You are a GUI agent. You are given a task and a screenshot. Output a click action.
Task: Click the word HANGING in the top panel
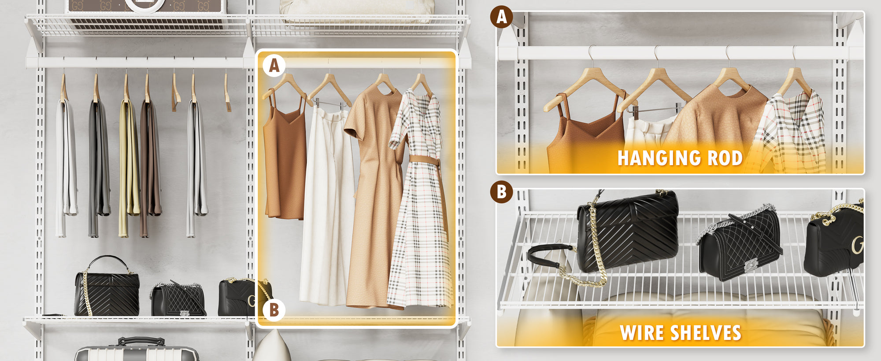pyautogui.click(x=658, y=158)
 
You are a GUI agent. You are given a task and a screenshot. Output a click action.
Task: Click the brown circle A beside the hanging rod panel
pyautogui.click(x=501, y=17)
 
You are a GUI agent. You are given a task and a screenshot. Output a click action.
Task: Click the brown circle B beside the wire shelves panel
pyautogui.click(x=501, y=192)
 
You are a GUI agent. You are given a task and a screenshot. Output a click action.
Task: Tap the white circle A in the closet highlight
pyautogui.click(x=274, y=66)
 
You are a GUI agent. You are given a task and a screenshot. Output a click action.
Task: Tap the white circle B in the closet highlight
pyautogui.click(x=274, y=310)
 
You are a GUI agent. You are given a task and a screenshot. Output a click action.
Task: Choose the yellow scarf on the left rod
pyautogui.click(x=128, y=167)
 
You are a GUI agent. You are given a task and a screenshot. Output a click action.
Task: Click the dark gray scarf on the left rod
pyautogui.click(x=99, y=167)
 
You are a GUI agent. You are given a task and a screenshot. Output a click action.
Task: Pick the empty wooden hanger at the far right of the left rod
pyautogui.click(x=227, y=92)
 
